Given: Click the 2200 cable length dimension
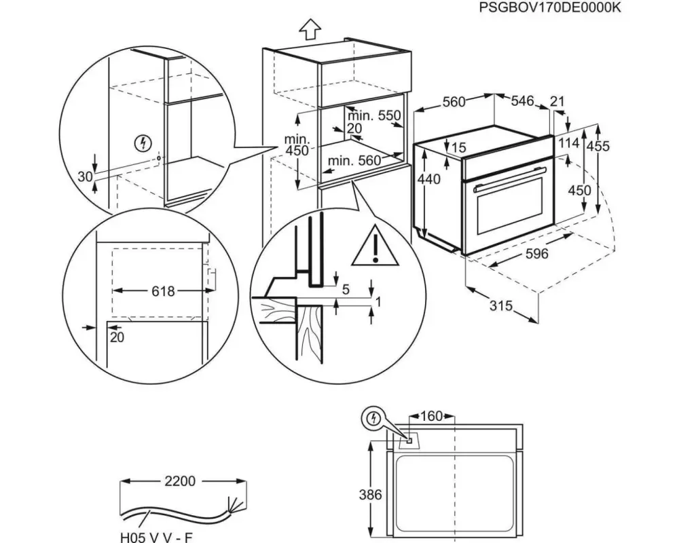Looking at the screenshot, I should point(181,481).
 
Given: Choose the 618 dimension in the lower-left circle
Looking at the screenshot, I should point(163,291).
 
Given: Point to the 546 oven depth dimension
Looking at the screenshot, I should point(522,101).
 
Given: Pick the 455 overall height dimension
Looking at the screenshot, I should point(599,146).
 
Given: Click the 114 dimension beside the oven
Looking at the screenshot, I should point(570,143).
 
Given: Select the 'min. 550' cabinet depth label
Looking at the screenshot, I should point(380,115).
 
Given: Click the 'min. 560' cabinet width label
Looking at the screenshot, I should point(354,161).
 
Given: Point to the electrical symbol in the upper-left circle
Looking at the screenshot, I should point(143,143).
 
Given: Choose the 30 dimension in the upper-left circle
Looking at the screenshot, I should point(85,176).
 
